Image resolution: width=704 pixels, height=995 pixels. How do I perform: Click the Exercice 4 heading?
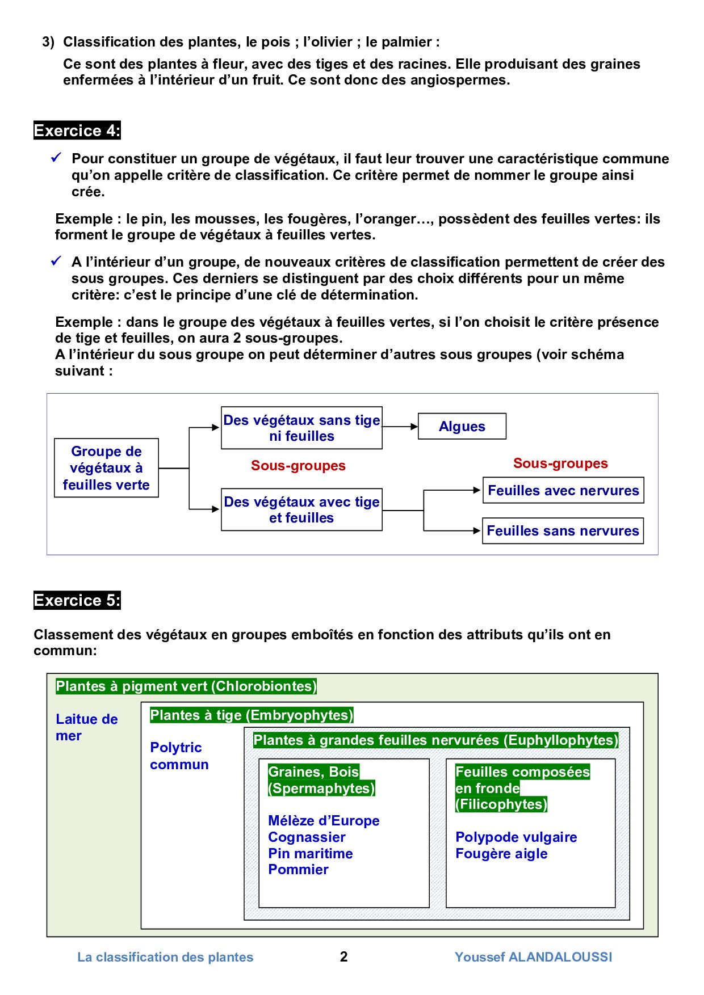77,130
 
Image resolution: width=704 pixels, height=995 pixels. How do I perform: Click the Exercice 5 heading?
77,600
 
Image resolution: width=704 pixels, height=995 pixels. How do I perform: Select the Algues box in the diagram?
462,427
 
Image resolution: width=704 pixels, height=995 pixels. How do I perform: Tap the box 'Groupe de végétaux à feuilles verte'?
106,468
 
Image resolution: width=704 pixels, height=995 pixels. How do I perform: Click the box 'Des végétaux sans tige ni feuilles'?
301,428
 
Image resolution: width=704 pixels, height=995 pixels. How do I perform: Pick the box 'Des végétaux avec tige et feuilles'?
301,510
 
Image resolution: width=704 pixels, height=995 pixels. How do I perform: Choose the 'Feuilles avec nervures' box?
563,491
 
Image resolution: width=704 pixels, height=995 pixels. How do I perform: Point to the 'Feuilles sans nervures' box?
563,531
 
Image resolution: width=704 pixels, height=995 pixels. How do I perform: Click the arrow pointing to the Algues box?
400,427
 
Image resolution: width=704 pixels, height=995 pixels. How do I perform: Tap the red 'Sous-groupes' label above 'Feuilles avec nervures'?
560,463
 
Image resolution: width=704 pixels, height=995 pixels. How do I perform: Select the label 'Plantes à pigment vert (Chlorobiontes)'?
186,686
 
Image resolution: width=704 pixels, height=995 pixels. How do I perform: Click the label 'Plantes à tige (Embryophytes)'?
252,715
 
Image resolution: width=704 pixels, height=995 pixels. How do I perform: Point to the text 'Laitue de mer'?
86,727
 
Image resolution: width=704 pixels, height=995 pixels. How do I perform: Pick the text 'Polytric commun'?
179,756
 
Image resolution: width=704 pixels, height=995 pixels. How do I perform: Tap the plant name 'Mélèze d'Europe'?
324,821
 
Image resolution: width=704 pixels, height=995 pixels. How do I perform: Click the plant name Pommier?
298,870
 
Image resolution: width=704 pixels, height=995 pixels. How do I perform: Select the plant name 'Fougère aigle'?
501,854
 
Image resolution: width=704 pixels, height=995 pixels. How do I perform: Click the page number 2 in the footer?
343,957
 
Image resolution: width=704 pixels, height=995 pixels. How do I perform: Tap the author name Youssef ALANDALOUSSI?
533,957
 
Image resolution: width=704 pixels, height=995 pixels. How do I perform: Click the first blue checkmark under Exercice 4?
56,158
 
